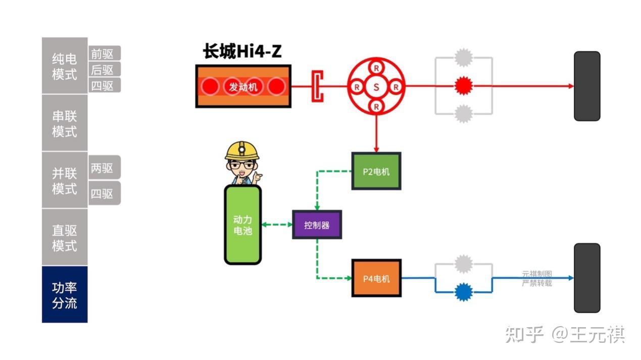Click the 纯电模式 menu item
tap(65, 66)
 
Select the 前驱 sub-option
tap(105, 54)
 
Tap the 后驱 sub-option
tap(105, 70)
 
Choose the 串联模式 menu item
tap(65, 124)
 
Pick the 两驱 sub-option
tap(105, 168)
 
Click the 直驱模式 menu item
tap(65, 238)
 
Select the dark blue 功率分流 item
tap(65, 295)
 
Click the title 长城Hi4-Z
tap(242, 52)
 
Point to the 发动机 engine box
tap(243, 86)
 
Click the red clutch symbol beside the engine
tap(317, 86)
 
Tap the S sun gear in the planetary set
tap(376, 87)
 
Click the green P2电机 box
tap(376, 171)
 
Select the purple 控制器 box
tap(317, 225)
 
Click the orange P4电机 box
tap(376, 278)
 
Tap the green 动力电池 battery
tap(242, 225)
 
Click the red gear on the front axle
tap(462, 86)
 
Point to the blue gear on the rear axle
tap(463, 292)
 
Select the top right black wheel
tap(586, 86)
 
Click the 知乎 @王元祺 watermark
tap(565, 334)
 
